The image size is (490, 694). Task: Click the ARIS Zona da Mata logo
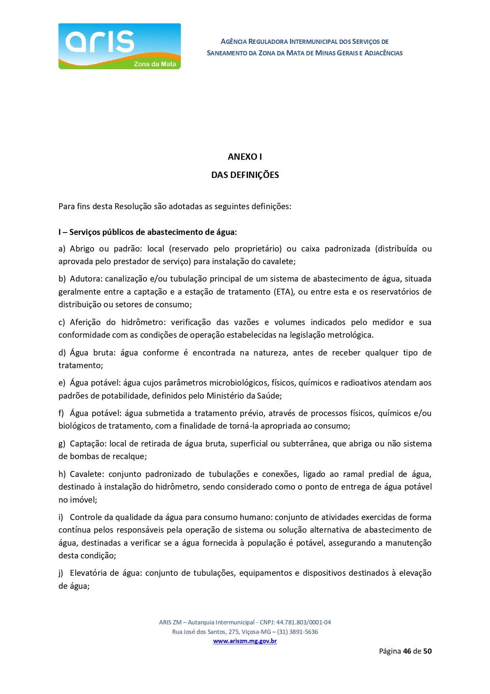point(119,46)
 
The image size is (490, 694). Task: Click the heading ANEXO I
point(245,157)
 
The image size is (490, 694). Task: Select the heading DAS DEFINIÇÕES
point(245,175)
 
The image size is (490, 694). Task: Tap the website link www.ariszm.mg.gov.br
point(245,641)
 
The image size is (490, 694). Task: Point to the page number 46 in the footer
point(407,651)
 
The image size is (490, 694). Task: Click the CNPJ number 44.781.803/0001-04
point(303,622)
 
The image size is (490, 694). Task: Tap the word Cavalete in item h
point(86,474)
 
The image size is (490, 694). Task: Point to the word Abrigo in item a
point(82,249)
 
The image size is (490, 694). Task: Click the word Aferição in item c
point(85,322)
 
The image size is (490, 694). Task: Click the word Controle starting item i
point(87,517)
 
